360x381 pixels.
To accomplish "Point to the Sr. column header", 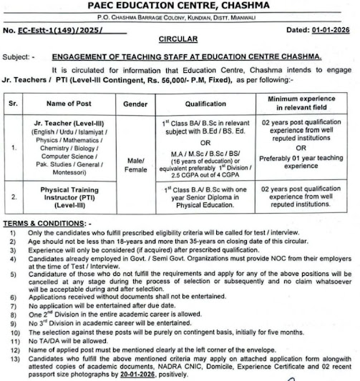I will pos(12,105).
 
